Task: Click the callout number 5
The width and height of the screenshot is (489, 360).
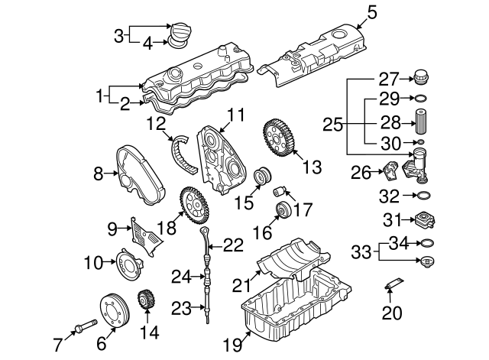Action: click(372, 12)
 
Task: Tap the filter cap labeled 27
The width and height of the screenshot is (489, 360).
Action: click(420, 76)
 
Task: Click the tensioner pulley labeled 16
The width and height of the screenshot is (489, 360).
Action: click(280, 211)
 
